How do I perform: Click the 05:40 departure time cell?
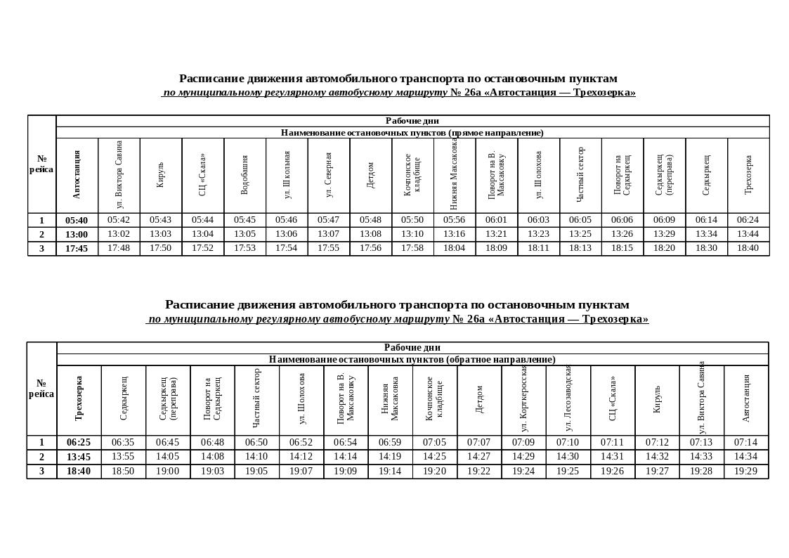pos(77,220)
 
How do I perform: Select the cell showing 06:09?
pos(664,220)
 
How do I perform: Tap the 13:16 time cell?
pos(455,234)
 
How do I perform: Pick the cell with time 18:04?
pos(455,248)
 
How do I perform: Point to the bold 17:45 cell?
pos(77,248)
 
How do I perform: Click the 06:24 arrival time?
pos(748,220)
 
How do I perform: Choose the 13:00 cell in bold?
pos(77,234)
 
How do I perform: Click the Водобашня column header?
pos(244,175)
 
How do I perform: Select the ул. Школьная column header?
pos(287,175)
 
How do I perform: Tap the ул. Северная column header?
pos(328,175)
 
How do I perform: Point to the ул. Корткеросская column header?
pos(523,399)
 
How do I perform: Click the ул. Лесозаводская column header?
pos(568,399)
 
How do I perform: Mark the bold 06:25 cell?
pos(79,443)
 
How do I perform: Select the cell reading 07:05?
pos(434,443)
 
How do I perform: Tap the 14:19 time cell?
pos(390,457)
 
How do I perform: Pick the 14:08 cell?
pos(212,457)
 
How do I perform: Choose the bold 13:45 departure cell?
pos(79,457)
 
